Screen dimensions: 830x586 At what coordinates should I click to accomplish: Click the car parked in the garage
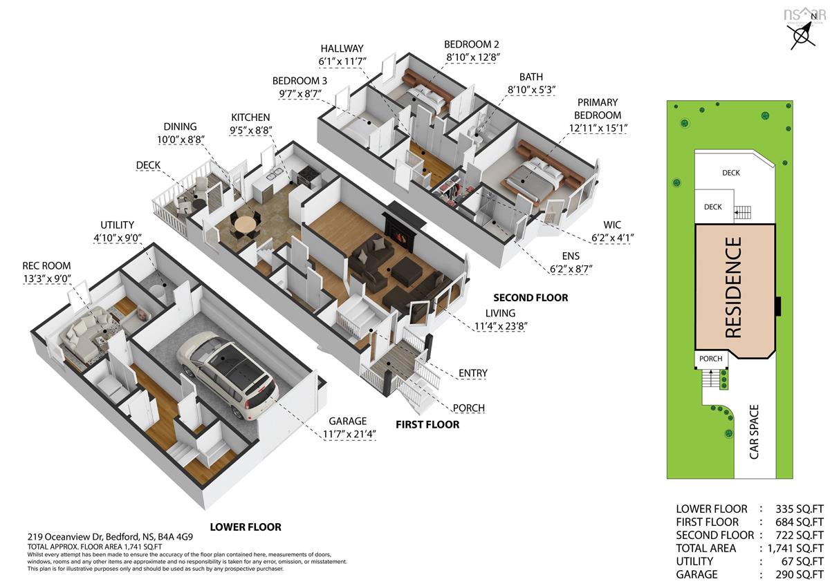click(x=227, y=375)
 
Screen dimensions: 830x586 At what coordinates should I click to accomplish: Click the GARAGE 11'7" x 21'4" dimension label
click(x=349, y=427)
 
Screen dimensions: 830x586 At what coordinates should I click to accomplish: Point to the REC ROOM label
click(x=46, y=266)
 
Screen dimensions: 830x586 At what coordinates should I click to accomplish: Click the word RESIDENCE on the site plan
click(x=733, y=287)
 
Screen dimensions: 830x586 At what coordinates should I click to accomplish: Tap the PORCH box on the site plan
click(x=711, y=359)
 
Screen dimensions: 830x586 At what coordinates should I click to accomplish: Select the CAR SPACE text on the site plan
click(x=754, y=432)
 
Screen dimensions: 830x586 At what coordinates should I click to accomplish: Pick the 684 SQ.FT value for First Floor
click(x=800, y=522)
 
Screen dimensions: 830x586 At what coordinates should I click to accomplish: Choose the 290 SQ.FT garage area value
click(x=800, y=574)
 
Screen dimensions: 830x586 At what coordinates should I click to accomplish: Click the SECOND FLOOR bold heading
click(x=531, y=298)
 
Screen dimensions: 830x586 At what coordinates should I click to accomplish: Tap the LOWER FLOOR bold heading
click(x=246, y=527)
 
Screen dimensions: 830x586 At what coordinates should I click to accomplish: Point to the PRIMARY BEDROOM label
click(x=598, y=108)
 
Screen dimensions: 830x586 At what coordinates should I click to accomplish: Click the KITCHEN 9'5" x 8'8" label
click(x=251, y=124)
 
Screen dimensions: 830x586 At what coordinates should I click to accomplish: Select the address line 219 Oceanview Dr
click(x=110, y=536)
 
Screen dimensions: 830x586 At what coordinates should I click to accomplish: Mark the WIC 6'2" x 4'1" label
click(x=612, y=231)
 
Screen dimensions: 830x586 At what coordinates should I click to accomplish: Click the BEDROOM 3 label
click(x=299, y=81)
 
